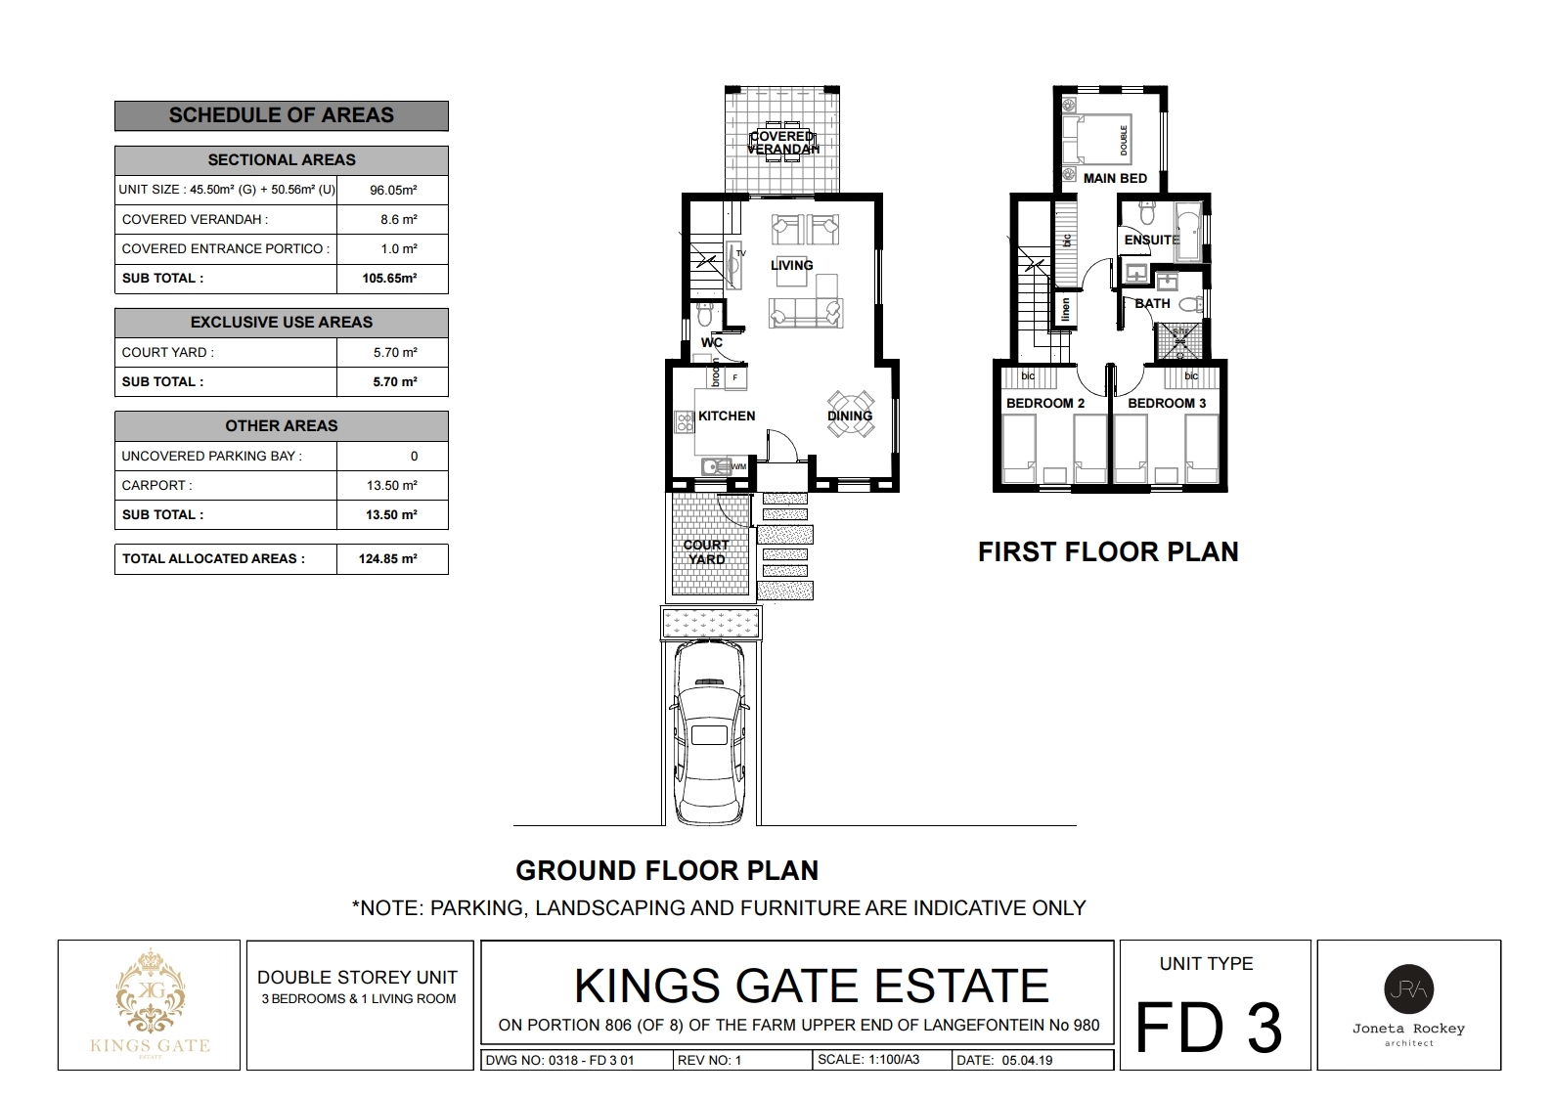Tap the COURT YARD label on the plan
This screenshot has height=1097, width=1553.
pyautogui.click(x=706, y=552)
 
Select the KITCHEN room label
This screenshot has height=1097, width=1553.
pyautogui.click(x=727, y=416)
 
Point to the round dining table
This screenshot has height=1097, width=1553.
pyautogui.click(x=850, y=411)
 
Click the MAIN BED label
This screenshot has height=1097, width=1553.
pyautogui.click(x=1115, y=178)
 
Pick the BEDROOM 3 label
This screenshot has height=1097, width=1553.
pyautogui.click(x=1167, y=403)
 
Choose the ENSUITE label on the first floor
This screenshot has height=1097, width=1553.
pyautogui.click(x=1152, y=240)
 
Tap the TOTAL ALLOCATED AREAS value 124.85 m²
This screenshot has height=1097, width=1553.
pyautogui.click(x=392, y=559)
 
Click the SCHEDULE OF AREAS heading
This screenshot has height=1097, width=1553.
pyautogui.click(x=282, y=115)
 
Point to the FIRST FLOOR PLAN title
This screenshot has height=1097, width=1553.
pyautogui.click(x=1108, y=552)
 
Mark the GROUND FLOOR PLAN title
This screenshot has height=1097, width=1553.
pyautogui.click(x=667, y=870)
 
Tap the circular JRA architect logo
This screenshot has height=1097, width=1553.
pyautogui.click(x=1409, y=989)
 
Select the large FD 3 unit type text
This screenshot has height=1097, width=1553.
pyautogui.click(x=1209, y=1028)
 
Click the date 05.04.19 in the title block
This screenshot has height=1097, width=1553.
pyautogui.click(x=1026, y=1060)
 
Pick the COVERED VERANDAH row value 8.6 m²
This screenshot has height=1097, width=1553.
pyautogui.click(x=399, y=220)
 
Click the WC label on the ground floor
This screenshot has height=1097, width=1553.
pyautogui.click(x=712, y=342)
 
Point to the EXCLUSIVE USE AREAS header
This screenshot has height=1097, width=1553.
pyautogui.click(x=282, y=323)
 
